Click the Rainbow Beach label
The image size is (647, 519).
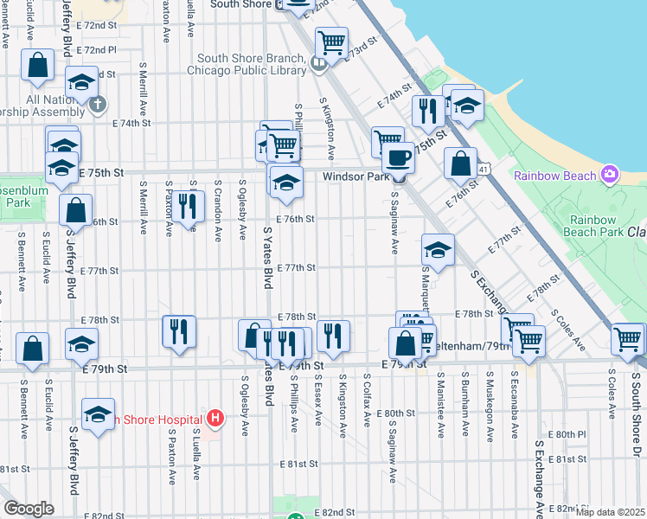click(555, 176)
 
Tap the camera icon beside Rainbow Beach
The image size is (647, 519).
click(610, 175)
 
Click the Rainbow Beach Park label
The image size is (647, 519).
click(596, 226)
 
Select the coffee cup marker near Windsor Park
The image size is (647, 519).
click(398, 157)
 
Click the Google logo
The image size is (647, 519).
click(28, 509)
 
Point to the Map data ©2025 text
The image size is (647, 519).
click(609, 511)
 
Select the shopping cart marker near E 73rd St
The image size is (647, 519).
click(331, 42)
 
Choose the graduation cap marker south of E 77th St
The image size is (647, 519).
click(439, 251)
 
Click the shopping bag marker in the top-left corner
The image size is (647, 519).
click(39, 65)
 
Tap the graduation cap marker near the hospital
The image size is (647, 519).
click(99, 414)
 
